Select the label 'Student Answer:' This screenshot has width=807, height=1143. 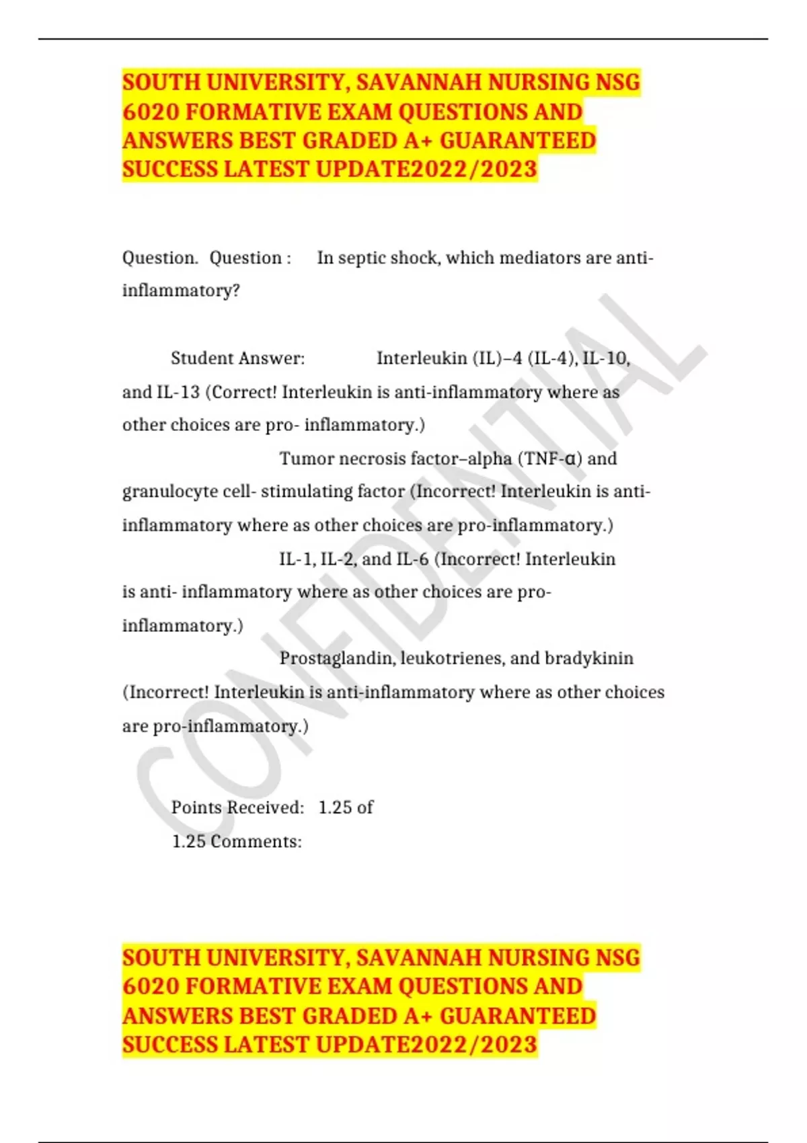pyautogui.click(x=237, y=358)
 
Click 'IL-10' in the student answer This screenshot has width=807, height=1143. pyautogui.click(x=606, y=358)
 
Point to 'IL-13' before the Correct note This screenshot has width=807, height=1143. pyautogui.click(x=178, y=392)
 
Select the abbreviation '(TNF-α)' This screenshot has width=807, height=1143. pyautogui.click(x=549, y=459)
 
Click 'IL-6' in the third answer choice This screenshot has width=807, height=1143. pyautogui.click(x=412, y=559)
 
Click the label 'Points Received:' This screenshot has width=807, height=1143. pyautogui.click(x=237, y=807)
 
